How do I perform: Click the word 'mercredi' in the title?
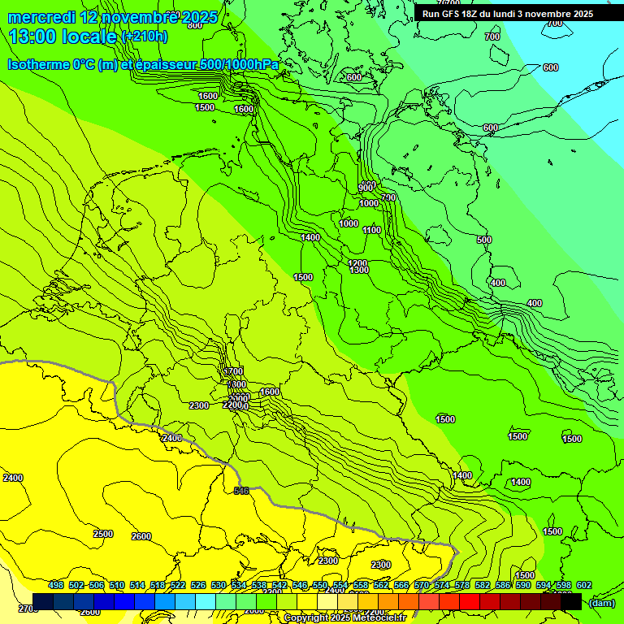click(x=41, y=17)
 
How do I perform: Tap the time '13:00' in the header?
click(x=32, y=37)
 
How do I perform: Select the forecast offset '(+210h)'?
click(x=144, y=37)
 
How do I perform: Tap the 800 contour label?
click(x=195, y=25)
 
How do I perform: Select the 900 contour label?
click(x=366, y=188)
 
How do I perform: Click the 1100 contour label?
click(x=372, y=230)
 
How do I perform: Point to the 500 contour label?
click(x=484, y=240)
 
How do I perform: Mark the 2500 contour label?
click(x=103, y=534)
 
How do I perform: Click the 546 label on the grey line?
click(x=241, y=491)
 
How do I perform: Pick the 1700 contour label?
click(x=233, y=371)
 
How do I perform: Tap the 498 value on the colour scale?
click(x=56, y=585)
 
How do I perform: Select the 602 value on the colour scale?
click(x=584, y=585)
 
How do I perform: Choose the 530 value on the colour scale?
click(x=219, y=585)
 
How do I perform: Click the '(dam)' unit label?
click(x=600, y=603)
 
